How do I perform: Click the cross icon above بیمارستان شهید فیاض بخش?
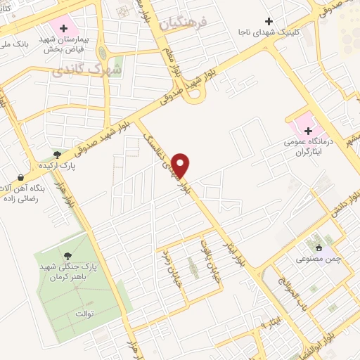tap(64, 28)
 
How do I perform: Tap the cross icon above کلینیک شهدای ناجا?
tap(268, 21)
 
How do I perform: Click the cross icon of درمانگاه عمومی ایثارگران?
tap(308, 131)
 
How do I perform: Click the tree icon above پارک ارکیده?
tap(57, 154)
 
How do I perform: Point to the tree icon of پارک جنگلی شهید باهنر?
tap(67, 256)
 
